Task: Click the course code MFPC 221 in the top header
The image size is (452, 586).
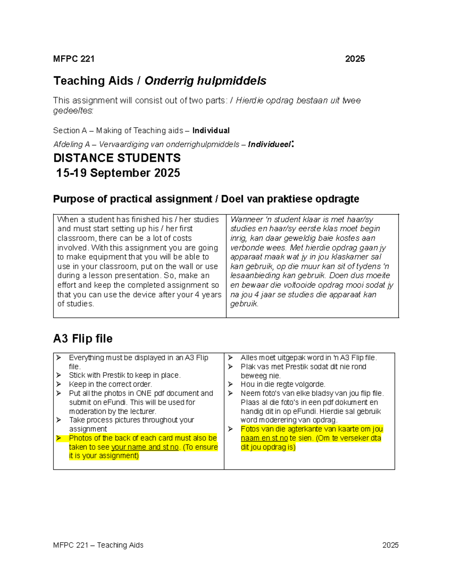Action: click(74, 59)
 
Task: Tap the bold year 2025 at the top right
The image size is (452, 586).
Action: click(355, 59)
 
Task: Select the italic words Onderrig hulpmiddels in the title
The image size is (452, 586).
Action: click(205, 81)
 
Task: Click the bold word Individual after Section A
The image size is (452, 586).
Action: click(211, 131)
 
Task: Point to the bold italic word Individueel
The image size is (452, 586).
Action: click(269, 145)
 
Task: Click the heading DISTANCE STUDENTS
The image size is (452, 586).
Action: click(117, 158)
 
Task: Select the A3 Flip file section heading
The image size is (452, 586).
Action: click(83, 338)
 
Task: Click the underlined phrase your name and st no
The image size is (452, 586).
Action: click(145, 447)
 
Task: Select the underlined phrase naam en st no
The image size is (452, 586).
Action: click(264, 438)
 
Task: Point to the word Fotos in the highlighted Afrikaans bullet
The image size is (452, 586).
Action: click(250, 429)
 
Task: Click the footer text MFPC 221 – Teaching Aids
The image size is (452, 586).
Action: click(98, 545)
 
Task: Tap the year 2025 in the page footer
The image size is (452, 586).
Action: click(390, 545)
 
